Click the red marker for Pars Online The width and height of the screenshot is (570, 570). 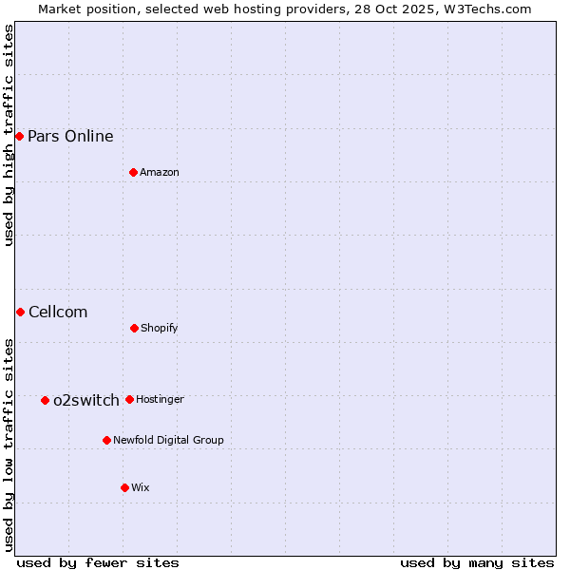click(19, 136)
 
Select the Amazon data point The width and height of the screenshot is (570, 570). click(133, 172)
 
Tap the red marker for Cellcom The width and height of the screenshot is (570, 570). click(20, 312)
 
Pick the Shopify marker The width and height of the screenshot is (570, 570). click(134, 328)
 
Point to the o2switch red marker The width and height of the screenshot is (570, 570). click(45, 400)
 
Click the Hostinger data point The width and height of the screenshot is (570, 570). click(129, 399)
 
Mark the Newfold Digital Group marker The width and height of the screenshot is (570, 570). click(106, 440)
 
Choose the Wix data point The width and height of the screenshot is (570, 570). click(124, 487)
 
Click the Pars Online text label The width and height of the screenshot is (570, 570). click(70, 136)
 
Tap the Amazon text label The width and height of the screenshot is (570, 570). click(160, 172)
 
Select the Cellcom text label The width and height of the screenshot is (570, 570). click(58, 312)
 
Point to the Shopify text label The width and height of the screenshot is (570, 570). click(160, 328)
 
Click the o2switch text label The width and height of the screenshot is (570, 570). click(86, 400)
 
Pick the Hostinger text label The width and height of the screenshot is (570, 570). click(160, 399)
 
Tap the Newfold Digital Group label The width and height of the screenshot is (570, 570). click(168, 440)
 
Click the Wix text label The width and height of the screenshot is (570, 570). click(141, 487)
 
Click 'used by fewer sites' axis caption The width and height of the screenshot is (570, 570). click(98, 562)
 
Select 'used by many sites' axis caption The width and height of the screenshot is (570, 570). click(477, 562)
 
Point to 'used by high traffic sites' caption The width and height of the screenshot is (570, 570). click(9, 135)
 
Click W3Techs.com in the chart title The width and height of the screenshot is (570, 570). click(484, 9)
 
